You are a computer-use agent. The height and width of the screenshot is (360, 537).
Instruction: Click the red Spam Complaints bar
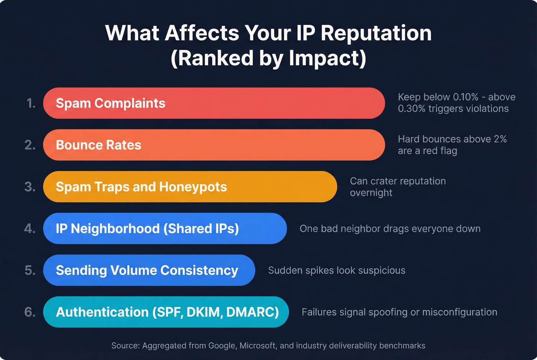point(214,103)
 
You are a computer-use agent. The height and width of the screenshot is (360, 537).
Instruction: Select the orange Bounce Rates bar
point(214,145)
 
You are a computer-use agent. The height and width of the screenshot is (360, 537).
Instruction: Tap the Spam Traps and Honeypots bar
point(190,187)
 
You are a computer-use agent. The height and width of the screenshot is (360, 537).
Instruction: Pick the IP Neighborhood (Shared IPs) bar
point(165,228)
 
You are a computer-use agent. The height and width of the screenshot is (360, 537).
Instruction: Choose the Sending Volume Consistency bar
point(149,270)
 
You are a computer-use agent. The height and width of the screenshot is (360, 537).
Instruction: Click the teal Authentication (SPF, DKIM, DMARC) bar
point(166,312)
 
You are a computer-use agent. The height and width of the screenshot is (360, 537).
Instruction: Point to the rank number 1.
point(31,103)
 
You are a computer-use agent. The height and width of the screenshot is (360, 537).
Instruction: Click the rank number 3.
point(30,187)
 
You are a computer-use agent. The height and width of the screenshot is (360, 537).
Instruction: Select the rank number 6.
point(30,312)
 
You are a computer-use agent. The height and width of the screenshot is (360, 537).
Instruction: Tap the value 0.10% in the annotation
point(465,97)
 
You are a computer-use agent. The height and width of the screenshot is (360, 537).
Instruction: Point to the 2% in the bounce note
point(500,139)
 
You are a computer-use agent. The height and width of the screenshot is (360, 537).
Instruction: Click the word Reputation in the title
point(376,33)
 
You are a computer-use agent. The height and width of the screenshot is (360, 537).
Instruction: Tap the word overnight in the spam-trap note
point(371,193)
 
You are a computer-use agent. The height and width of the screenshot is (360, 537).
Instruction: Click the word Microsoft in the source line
point(257,346)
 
